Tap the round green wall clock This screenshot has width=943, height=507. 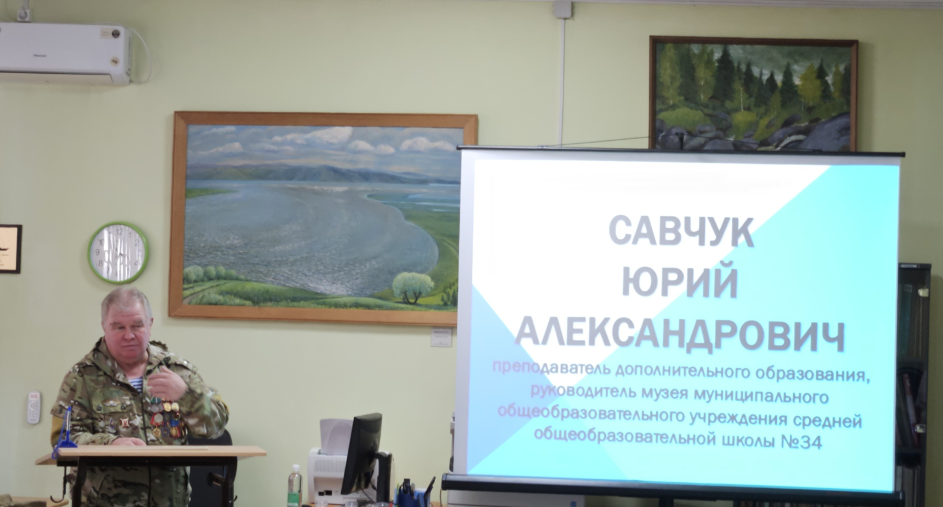point(118,253)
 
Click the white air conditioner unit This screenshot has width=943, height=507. point(65,54)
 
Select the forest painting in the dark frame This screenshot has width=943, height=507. point(754,94)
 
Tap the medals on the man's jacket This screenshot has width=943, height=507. point(165,417)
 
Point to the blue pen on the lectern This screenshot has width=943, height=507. point(65,432)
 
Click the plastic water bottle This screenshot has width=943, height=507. point(295,486)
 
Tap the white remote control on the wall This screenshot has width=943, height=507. point(34,407)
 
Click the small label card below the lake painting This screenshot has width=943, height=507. point(441,337)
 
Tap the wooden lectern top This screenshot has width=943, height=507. point(151,453)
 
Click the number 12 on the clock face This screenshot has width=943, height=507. point(119,231)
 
